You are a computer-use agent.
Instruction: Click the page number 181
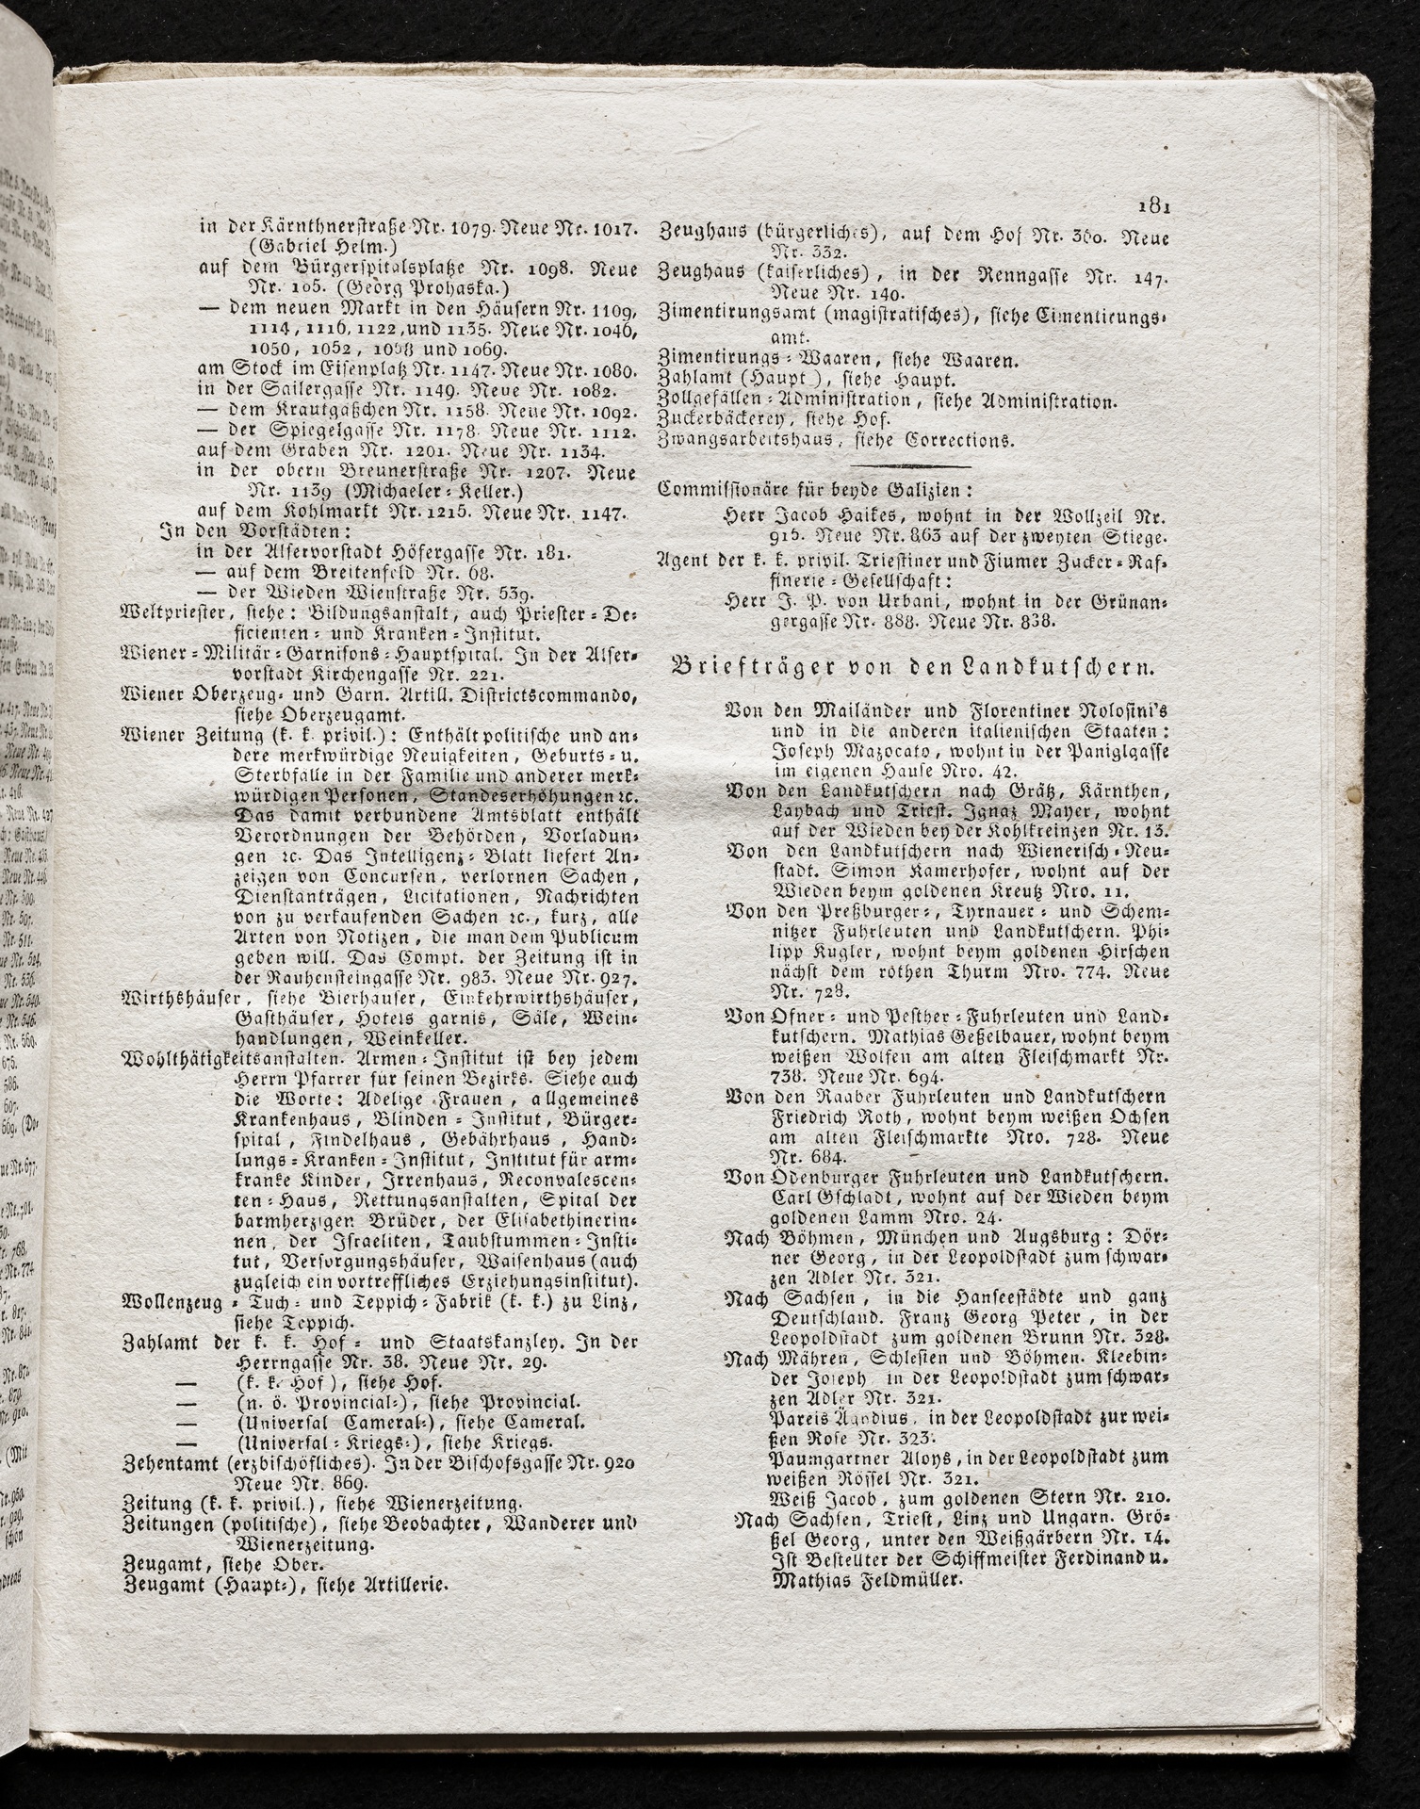pyautogui.click(x=1152, y=206)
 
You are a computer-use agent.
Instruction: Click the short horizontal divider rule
pyautogui.click(x=909, y=466)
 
